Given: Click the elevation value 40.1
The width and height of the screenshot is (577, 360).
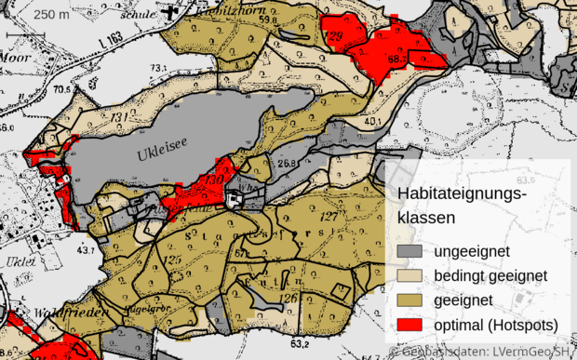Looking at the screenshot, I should pos(373,122).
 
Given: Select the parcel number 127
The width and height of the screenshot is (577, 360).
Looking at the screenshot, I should pos(327,215).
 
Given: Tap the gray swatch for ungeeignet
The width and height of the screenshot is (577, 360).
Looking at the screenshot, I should pos(410,252).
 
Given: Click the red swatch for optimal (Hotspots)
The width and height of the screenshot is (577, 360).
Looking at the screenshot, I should pos(410,325).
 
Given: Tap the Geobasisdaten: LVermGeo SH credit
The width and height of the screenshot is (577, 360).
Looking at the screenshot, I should pos(484,353).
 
